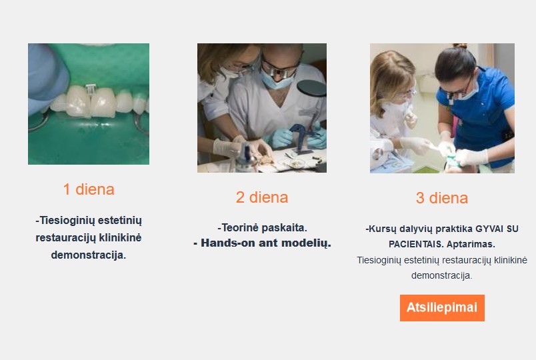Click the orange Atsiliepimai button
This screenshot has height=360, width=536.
[442, 308]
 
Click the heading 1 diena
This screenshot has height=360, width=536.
[89, 189]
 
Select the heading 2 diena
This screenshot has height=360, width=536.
[262, 197]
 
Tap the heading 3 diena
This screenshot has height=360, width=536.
[441, 198]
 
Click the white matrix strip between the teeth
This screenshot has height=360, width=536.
[91, 90]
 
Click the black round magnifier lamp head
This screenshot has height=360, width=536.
[311, 88]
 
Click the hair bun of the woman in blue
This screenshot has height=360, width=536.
[460, 46]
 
